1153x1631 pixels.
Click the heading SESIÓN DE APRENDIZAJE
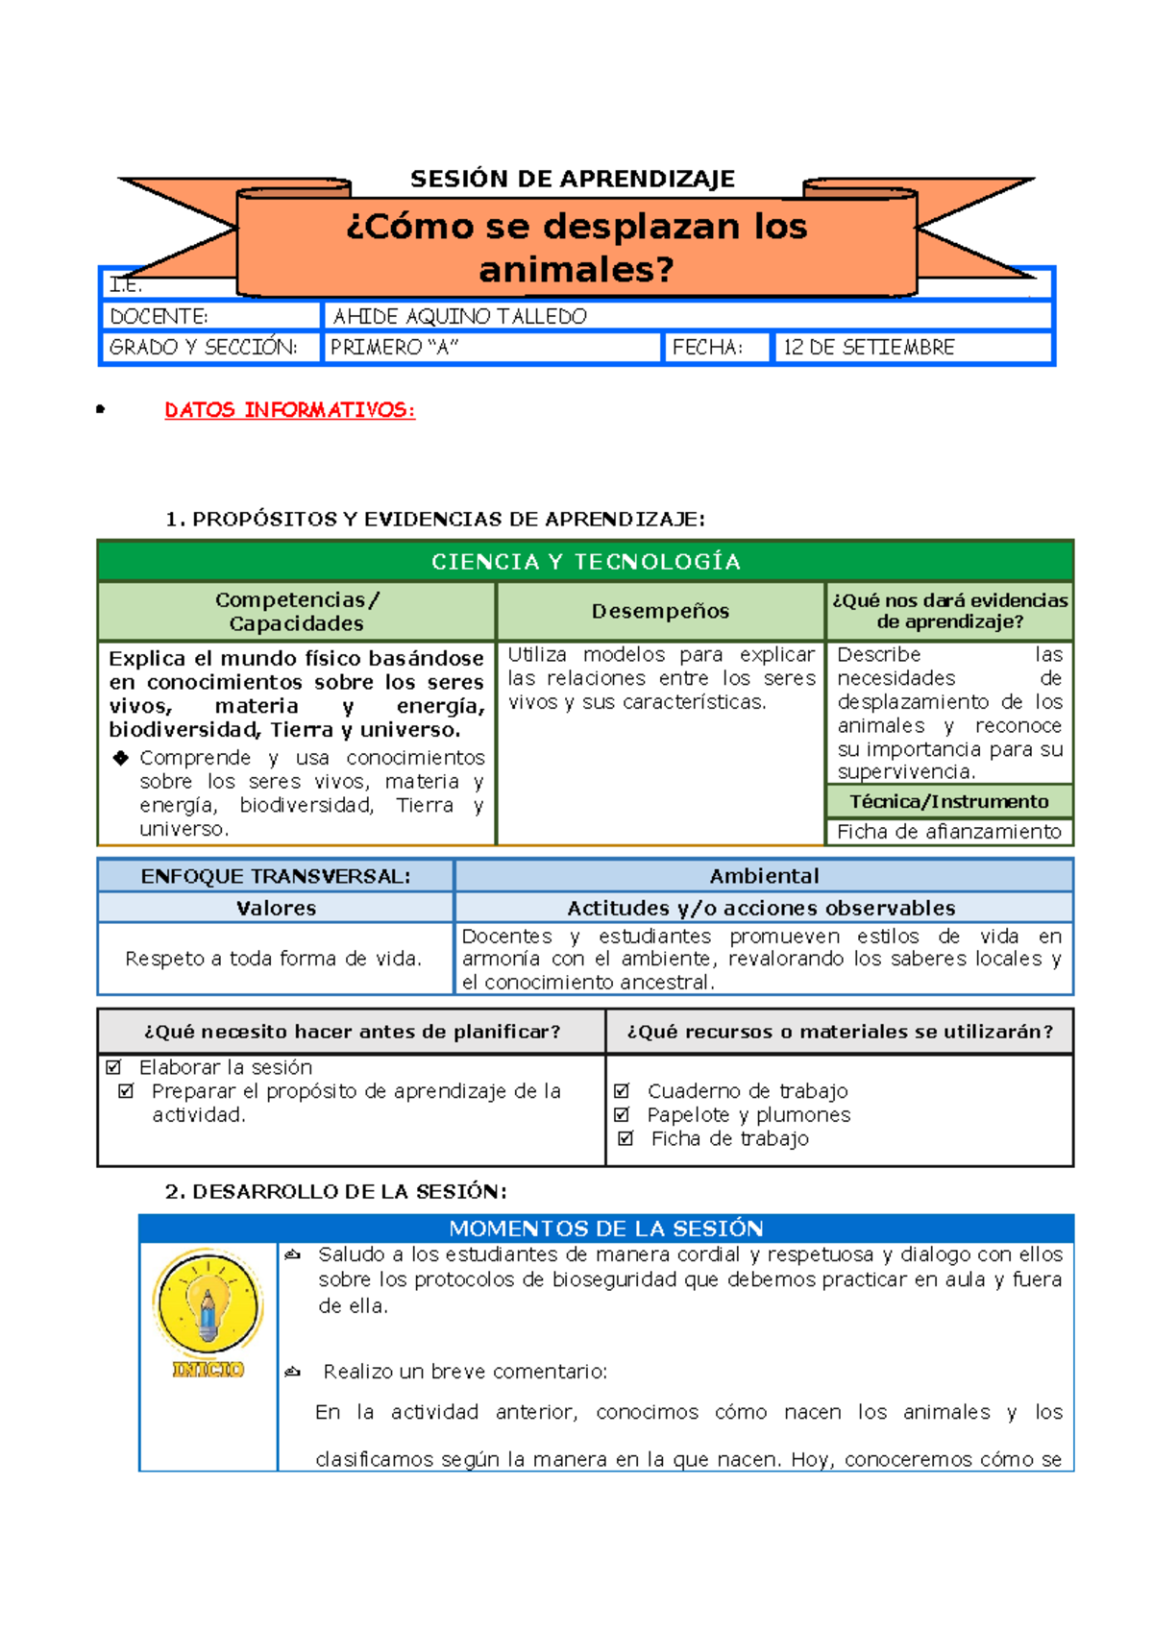pos(572,180)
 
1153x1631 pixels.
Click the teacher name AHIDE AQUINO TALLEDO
pos(459,316)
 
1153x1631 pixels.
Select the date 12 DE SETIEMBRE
pos(869,348)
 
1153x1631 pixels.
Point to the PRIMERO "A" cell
pos(394,348)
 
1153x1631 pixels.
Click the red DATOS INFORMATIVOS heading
pos(289,410)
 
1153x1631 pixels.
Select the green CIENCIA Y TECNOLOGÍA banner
pos(585,562)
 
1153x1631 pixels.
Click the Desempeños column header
pos(660,611)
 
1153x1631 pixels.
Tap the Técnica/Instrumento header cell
pos(948,801)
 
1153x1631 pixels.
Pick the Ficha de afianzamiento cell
pos(948,832)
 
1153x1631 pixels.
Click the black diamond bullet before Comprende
pos(121,758)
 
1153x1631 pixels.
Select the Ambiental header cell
pos(764,876)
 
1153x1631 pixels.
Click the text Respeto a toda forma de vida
pos(274,959)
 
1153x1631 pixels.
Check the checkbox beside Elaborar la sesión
pos(114,1067)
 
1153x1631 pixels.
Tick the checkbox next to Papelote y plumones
pos(622,1115)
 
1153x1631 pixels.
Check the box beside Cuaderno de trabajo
pos(622,1091)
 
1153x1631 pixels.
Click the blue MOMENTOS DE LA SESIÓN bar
pos(605,1229)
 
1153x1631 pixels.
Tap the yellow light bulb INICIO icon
pos(208,1306)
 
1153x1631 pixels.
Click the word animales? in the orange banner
pos(576,270)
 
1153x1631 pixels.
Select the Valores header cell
pos(276,908)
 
